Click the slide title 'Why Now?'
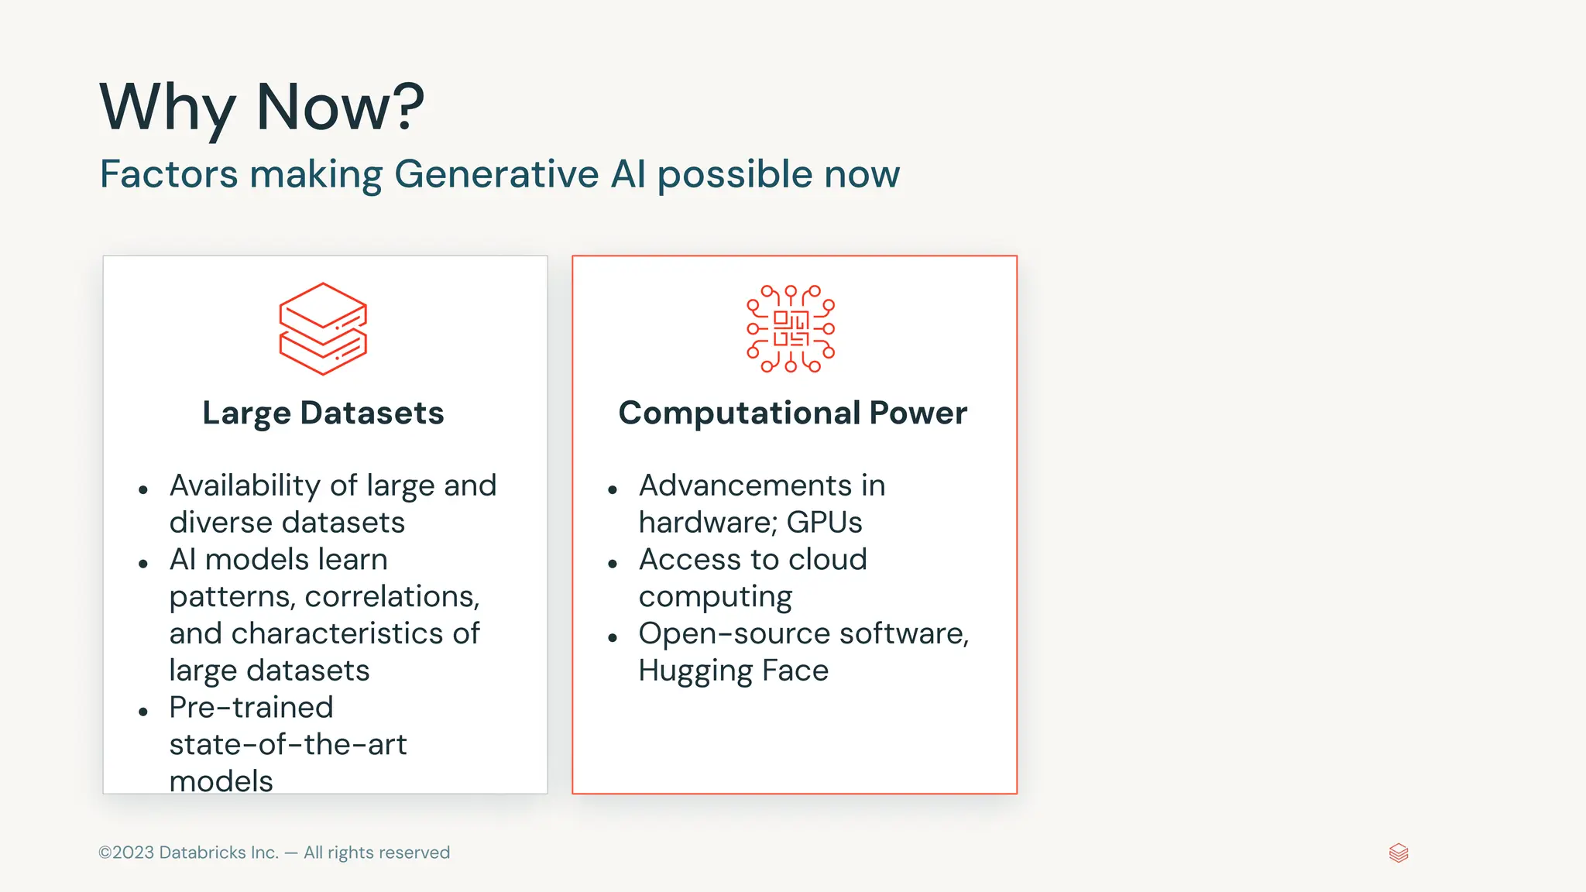click(262, 107)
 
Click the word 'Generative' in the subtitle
click(496, 174)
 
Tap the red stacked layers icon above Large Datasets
click(323, 329)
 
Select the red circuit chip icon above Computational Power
click(791, 329)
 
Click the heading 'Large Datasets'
click(323, 413)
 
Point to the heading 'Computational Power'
click(792, 413)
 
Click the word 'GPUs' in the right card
click(824, 523)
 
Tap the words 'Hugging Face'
click(733, 671)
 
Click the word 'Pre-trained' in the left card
click(251, 708)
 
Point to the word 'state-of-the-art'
click(287, 745)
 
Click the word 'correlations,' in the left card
click(392, 597)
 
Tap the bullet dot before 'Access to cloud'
click(613, 564)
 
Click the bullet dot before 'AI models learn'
click(143, 564)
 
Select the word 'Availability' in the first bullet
click(245, 486)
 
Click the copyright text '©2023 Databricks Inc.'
click(188, 853)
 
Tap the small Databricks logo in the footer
click(1399, 853)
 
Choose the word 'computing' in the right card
click(715, 597)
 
